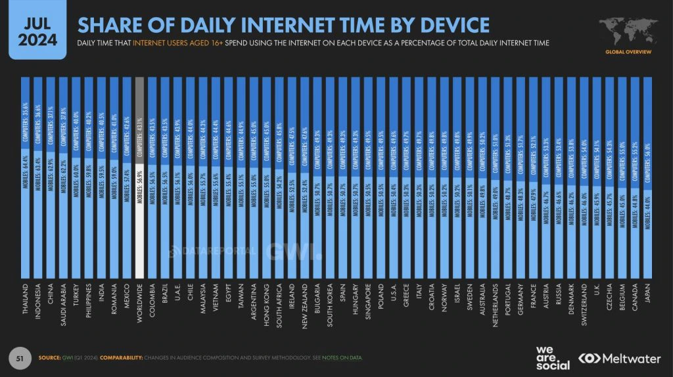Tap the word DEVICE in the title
coord(453,25)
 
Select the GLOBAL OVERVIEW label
coord(629,51)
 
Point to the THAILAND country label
coord(26,303)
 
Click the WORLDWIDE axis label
coord(139,305)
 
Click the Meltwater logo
coord(620,358)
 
